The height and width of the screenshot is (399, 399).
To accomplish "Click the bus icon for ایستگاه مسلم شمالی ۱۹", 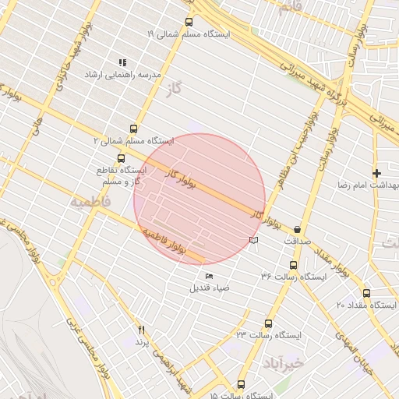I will click(189, 23).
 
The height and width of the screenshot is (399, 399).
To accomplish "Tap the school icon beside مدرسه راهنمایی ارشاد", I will click(122, 62).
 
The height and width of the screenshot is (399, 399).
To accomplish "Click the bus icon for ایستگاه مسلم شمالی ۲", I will click(133, 129).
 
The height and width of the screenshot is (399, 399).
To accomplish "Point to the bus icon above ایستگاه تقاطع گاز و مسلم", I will click(120, 158).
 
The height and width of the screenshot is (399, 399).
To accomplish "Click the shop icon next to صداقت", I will click(299, 229).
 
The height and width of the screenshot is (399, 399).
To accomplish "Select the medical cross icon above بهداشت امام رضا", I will click(377, 172).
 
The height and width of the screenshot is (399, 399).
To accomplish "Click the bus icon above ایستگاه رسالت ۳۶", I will click(293, 265).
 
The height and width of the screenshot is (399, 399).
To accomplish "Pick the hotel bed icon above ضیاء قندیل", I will click(208, 276).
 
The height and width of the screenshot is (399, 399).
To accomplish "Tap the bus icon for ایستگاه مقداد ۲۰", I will click(366, 293).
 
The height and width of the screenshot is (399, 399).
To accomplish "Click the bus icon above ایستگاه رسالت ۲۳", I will click(269, 323).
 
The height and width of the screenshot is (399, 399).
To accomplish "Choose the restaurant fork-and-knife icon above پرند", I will click(141, 330).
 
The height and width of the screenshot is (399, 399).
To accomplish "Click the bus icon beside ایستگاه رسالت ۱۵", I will click(240, 384).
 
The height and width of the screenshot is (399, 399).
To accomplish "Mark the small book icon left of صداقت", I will click(252, 240).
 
